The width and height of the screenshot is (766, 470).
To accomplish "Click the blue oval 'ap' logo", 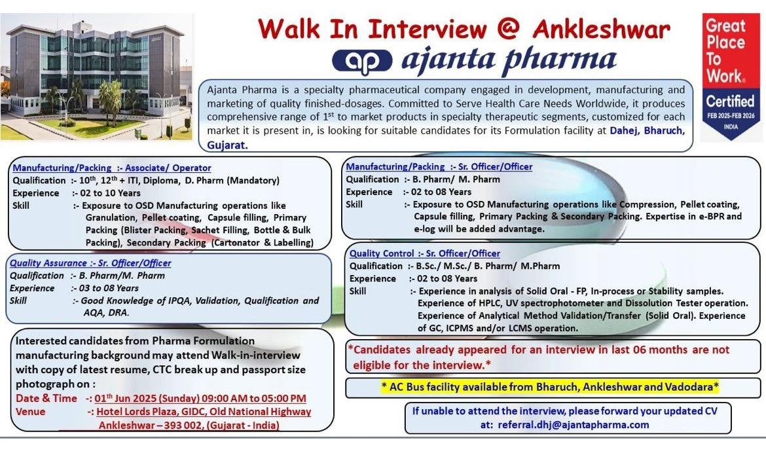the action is coord(362,62).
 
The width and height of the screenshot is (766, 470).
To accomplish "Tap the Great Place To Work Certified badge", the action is coord(731,76).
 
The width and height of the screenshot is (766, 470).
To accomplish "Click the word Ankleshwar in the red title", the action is coord(602,29).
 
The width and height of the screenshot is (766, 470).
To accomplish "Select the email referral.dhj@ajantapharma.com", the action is coord(573,425).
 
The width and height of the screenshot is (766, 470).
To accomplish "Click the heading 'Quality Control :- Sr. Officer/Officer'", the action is coord(424,253).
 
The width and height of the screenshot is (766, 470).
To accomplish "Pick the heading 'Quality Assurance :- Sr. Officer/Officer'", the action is coord(90,263).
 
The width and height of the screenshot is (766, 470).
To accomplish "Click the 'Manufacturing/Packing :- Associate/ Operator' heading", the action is coord(112,168).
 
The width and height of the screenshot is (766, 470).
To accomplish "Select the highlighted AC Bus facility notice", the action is coord(550,387).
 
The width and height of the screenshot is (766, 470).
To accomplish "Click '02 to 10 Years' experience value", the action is coord(110,193).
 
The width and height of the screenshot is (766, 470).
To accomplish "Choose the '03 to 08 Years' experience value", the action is coord(109,288).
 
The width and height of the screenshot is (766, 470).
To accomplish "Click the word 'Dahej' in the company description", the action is coord(623,131).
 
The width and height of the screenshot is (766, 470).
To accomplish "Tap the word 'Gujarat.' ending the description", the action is coord(227,145).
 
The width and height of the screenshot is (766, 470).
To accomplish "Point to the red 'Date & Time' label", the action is coord(46,398).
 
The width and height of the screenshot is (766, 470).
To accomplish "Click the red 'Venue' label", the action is coord(30,412).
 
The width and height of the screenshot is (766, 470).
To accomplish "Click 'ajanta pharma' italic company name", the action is coord(509,60).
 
